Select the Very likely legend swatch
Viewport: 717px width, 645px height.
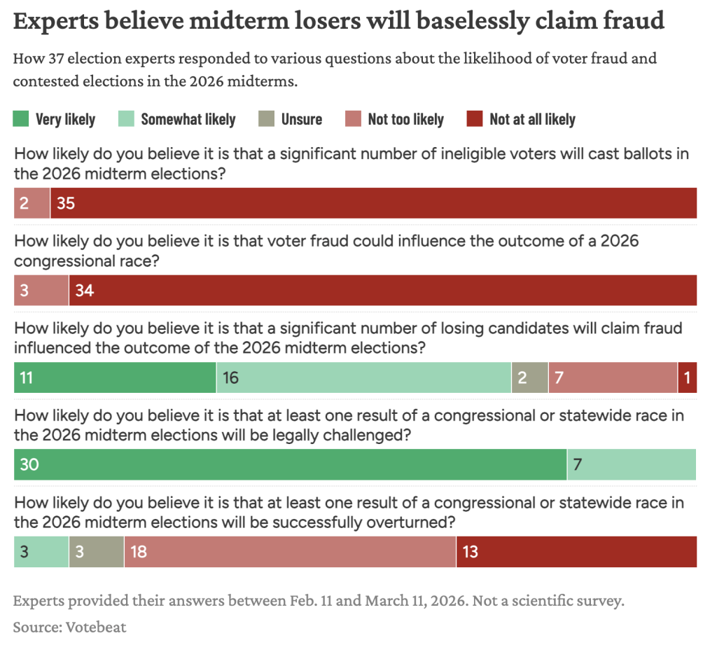pyautogui.click(x=22, y=119)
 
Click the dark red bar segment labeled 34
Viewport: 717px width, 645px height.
pyautogui.click(x=382, y=290)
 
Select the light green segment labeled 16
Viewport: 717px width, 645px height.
pyautogui.click(x=363, y=377)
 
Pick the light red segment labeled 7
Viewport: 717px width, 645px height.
pyautogui.click(x=613, y=377)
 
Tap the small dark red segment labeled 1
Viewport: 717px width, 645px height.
pyautogui.click(x=687, y=377)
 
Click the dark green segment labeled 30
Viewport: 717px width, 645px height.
pyautogui.click(x=290, y=464)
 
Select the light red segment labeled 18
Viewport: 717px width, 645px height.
pyautogui.click(x=290, y=552)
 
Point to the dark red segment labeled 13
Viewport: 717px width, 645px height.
pyautogui.click(x=576, y=552)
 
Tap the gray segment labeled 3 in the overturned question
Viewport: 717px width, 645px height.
pyautogui.click(x=97, y=552)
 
